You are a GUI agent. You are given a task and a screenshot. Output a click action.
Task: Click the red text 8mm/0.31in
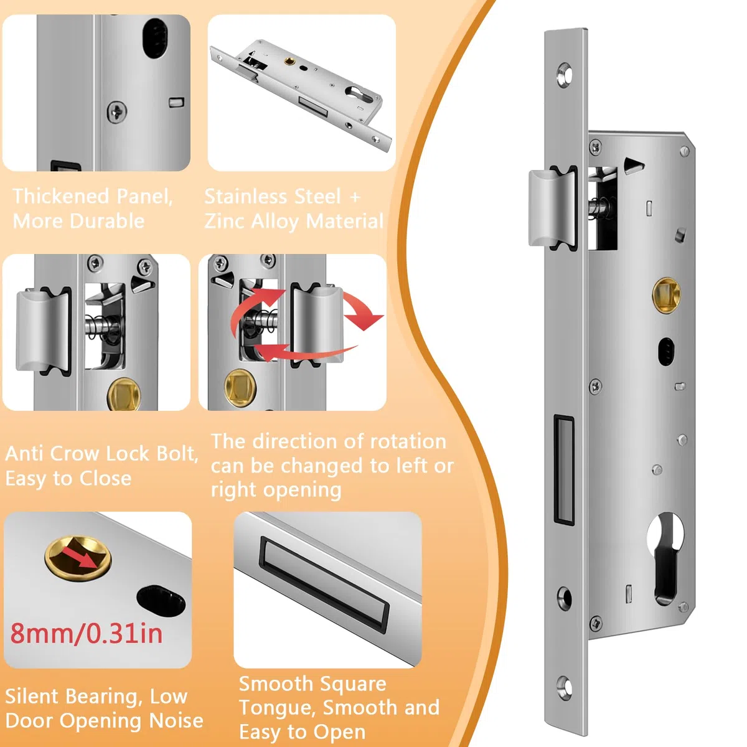(x=86, y=634)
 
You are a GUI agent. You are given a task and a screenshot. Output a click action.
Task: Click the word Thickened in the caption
(x=60, y=196)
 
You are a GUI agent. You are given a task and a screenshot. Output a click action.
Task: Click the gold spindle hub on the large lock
(x=666, y=294)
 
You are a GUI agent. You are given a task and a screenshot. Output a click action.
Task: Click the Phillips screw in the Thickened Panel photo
(x=116, y=112)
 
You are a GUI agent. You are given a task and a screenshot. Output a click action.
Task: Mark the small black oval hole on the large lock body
(x=666, y=352)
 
